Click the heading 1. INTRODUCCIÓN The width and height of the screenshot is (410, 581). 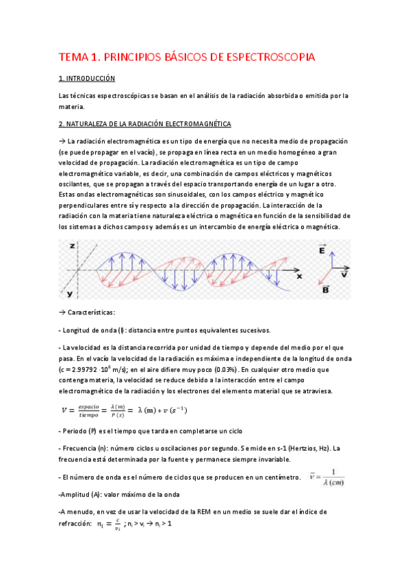[87, 79]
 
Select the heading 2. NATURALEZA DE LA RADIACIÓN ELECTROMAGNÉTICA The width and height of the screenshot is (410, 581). [145, 123]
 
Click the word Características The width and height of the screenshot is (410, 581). [93, 312]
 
